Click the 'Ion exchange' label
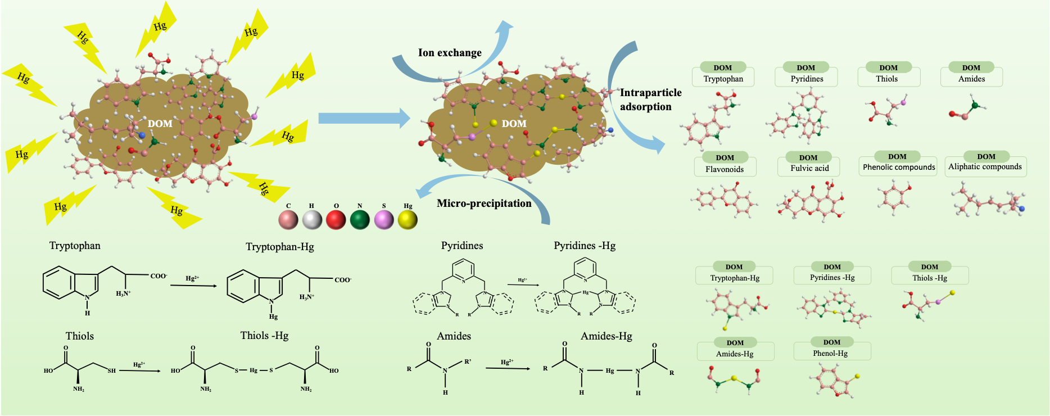click(450, 53)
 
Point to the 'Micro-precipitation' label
click(484, 204)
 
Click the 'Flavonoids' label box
click(725, 169)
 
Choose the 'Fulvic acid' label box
click(809, 168)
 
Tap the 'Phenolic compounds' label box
click(899, 167)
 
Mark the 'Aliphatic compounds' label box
click(985, 166)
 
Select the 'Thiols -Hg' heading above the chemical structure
click(264, 336)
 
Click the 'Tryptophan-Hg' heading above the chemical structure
click(279, 247)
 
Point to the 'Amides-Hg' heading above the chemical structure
click(606, 336)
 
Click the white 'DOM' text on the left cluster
click(160, 124)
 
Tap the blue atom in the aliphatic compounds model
click(1021, 209)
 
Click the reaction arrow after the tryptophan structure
click(193, 286)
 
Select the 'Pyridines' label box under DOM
click(807, 79)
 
